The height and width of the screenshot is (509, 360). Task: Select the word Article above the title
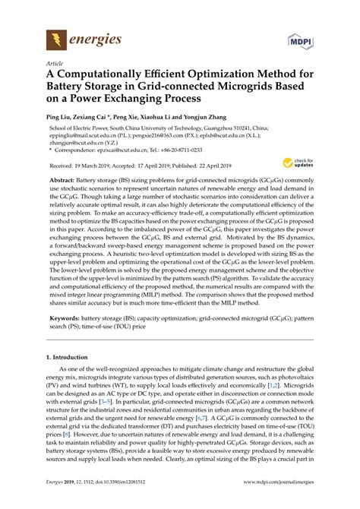pos(55,65)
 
